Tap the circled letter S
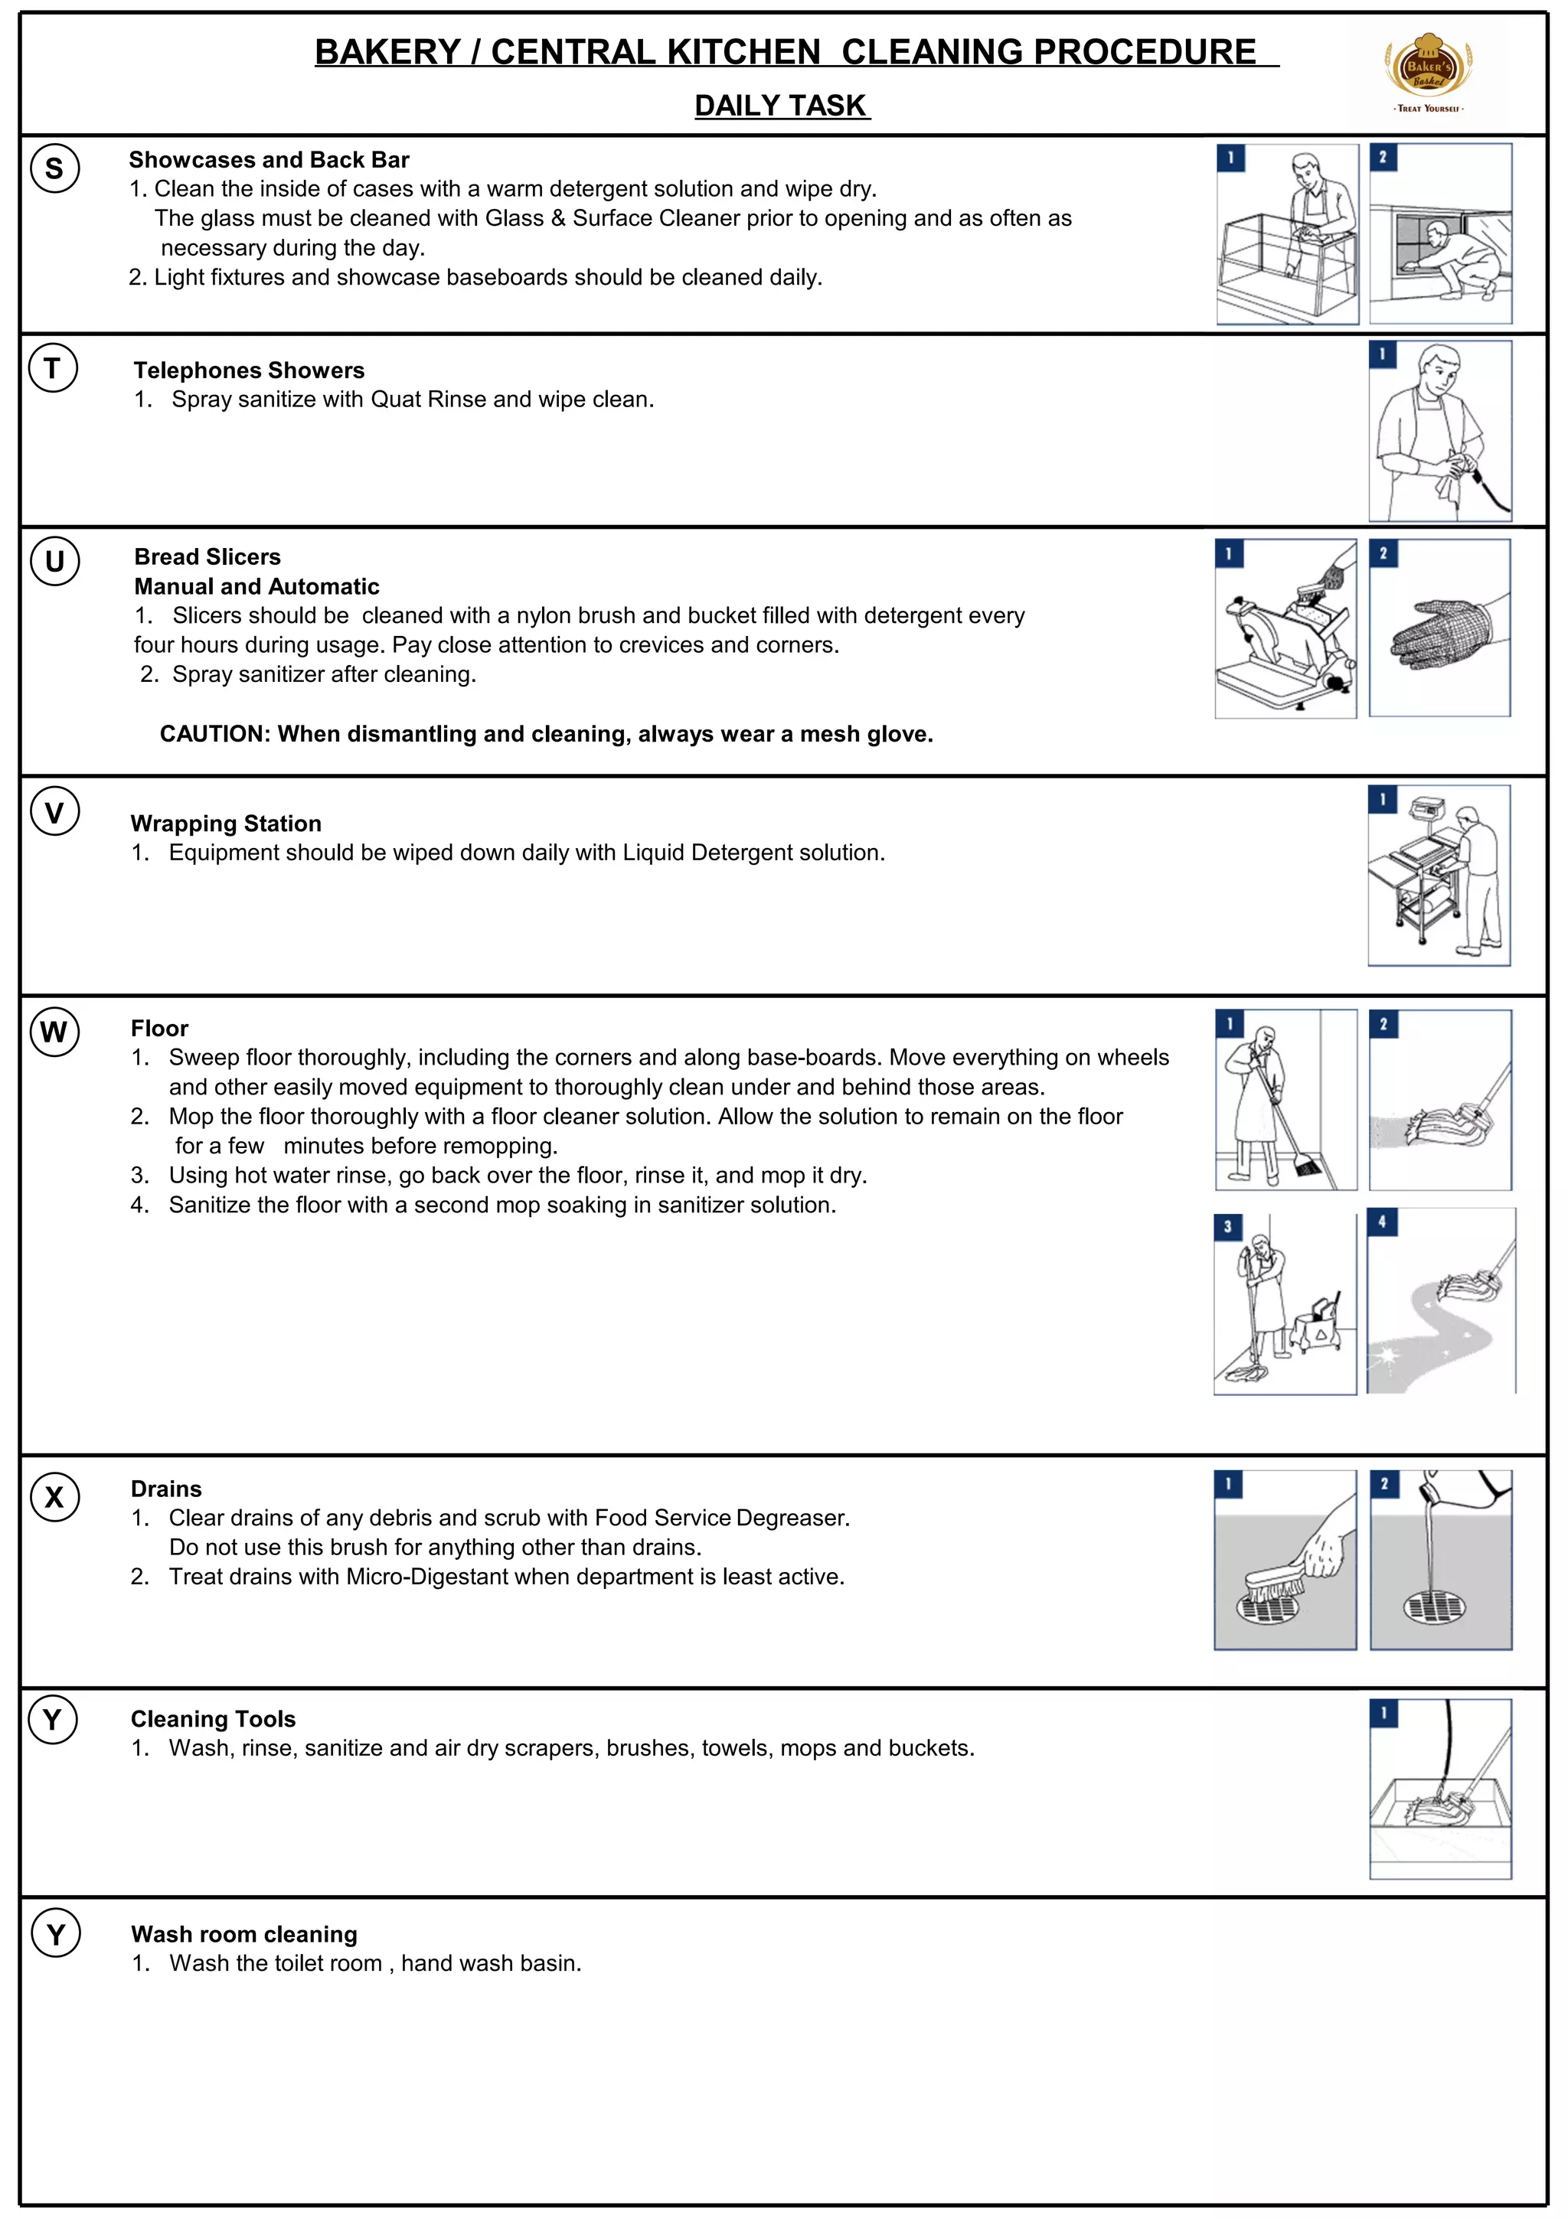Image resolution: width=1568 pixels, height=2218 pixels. click(x=55, y=168)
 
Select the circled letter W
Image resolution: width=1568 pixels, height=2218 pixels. click(x=54, y=1032)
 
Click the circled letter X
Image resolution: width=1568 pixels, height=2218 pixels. click(x=55, y=1497)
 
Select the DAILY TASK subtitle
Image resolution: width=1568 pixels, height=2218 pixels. click(x=782, y=106)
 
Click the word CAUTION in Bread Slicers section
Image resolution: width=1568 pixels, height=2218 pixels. click(x=214, y=734)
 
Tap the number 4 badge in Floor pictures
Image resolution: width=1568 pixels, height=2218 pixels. click(x=1381, y=1222)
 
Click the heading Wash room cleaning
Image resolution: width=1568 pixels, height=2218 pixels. click(x=243, y=1934)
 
